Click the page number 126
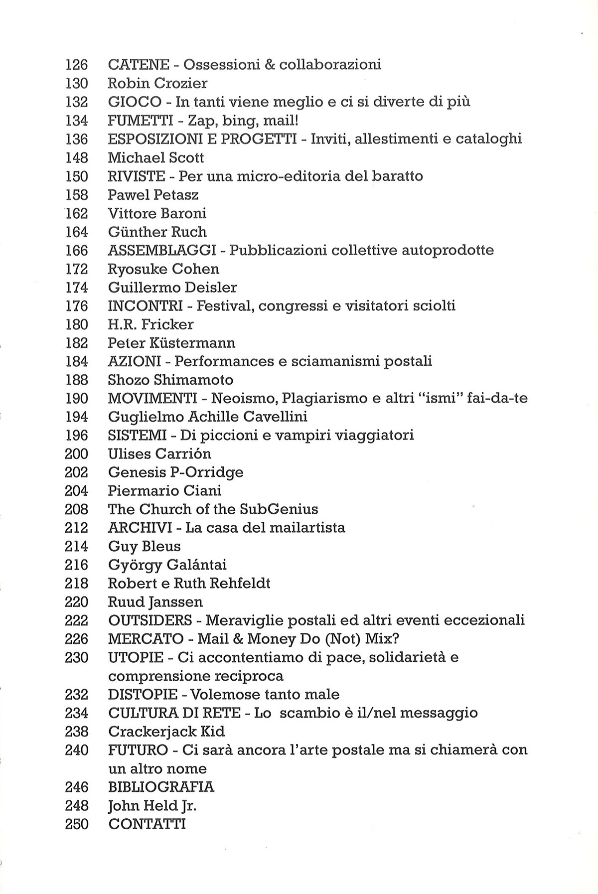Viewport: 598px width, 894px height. pos(76,65)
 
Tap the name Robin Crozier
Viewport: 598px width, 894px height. pos(157,83)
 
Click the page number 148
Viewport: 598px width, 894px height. pos(76,158)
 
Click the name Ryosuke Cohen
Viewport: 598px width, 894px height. pos(163,269)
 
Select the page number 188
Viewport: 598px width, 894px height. pos(76,380)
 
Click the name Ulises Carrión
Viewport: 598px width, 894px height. pos(159,454)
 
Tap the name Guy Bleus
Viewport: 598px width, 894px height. pos(144,547)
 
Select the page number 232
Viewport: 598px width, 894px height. pos(76,695)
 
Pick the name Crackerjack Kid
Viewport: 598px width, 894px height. pos(166,732)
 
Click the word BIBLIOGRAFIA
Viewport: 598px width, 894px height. pos(161,787)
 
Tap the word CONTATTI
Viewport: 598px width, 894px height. pos(147,824)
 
